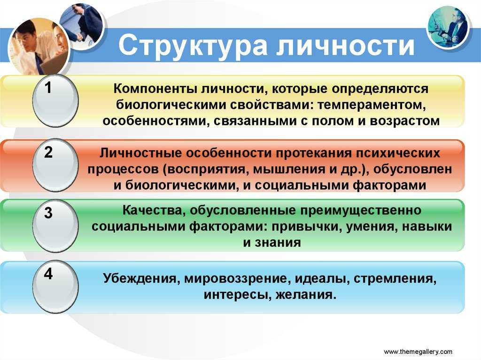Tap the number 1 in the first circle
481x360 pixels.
click(x=48, y=88)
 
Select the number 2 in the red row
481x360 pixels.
click(x=48, y=152)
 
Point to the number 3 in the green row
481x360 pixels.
click(x=48, y=213)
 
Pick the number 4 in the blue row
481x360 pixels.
click(x=48, y=274)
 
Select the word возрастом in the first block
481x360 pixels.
click(x=405, y=121)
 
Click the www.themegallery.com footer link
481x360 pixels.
click(x=418, y=352)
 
